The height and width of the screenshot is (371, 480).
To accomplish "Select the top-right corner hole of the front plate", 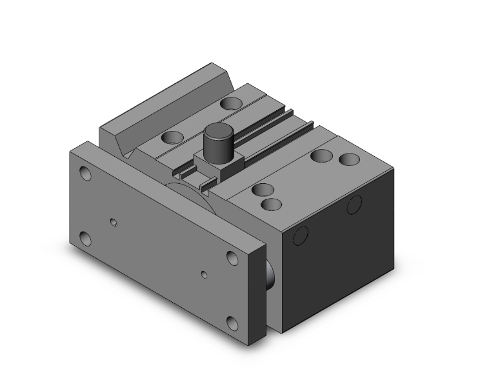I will tap(232, 258).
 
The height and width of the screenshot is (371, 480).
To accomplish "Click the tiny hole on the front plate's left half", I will tap(114, 223).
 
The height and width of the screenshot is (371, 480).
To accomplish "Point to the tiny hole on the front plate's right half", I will tap(205, 274).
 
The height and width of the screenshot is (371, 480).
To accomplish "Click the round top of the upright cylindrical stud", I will tap(217, 134).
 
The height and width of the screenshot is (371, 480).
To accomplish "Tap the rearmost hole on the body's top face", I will tap(229, 103).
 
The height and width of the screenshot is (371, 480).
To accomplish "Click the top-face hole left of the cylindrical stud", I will tap(172, 137).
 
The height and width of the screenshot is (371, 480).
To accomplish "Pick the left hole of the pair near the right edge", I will tap(320, 155).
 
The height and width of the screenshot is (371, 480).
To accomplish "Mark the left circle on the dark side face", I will tap(301, 236).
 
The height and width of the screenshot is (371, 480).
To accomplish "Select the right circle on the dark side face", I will tap(354, 205).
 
